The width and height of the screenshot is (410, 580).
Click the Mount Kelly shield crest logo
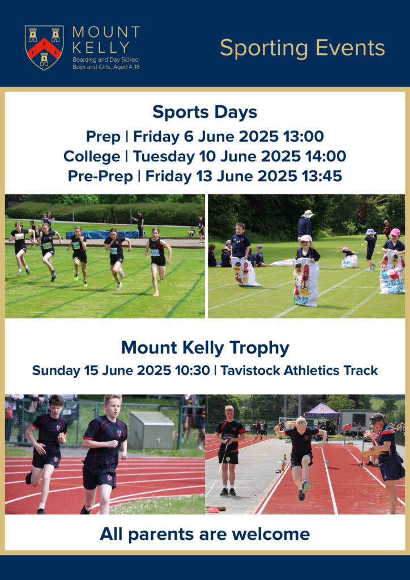click(44, 48)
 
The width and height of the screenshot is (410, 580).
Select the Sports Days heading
click(205, 112)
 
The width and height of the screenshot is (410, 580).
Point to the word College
click(92, 157)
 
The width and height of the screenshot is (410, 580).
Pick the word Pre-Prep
click(100, 176)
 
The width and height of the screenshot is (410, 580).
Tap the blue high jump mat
click(102, 234)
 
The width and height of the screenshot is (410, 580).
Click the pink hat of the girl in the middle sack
click(306, 238)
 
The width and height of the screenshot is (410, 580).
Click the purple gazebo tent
click(321, 411)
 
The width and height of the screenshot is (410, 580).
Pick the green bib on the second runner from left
click(46, 245)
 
